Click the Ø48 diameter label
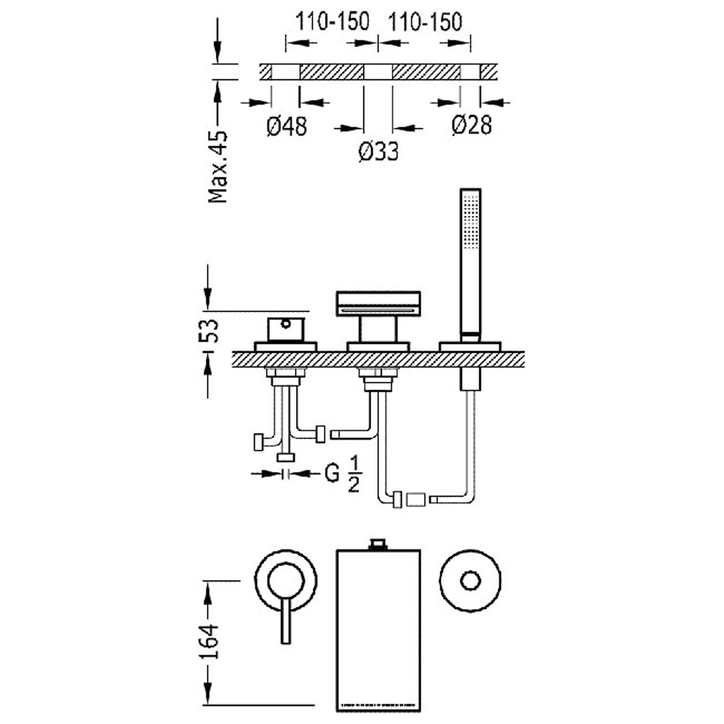(x=286, y=126)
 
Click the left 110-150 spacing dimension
(x=332, y=22)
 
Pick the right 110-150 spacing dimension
(x=425, y=22)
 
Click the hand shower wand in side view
(x=470, y=261)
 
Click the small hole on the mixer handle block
(x=287, y=324)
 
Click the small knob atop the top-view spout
(x=378, y=544)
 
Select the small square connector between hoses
(x=416, y=499)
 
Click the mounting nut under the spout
(x=378, y=384)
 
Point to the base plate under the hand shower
(x=470, y=347)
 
